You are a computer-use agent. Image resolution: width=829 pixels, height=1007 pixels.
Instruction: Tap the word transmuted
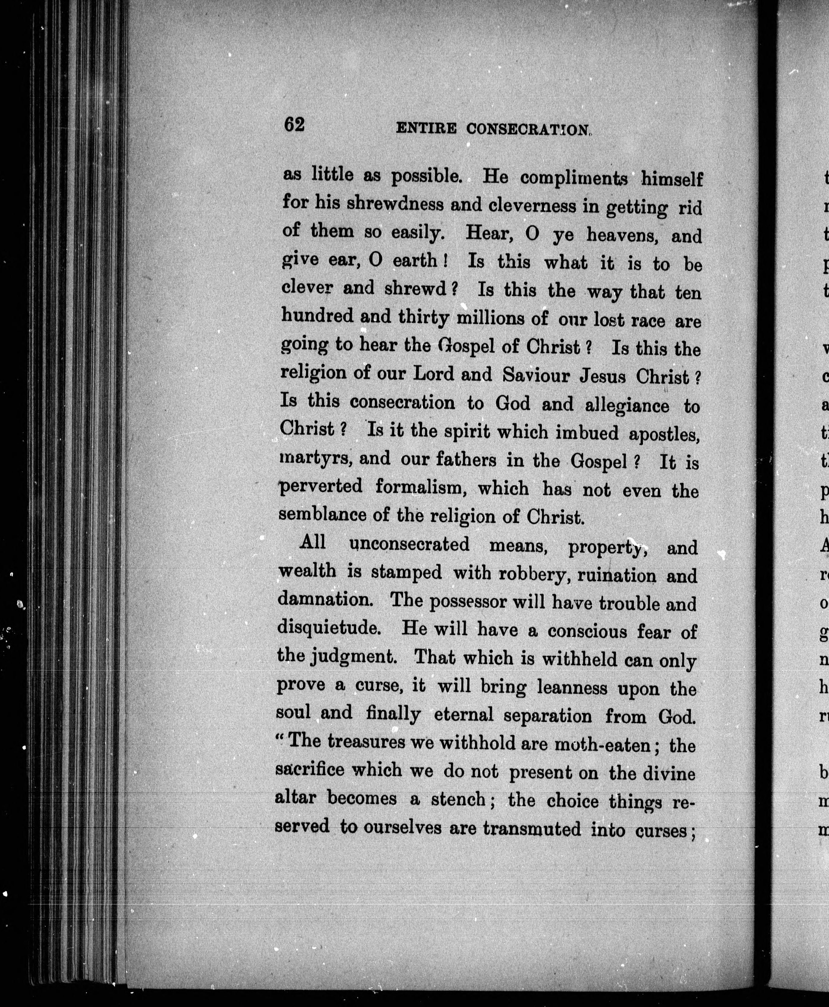[532, 828]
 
